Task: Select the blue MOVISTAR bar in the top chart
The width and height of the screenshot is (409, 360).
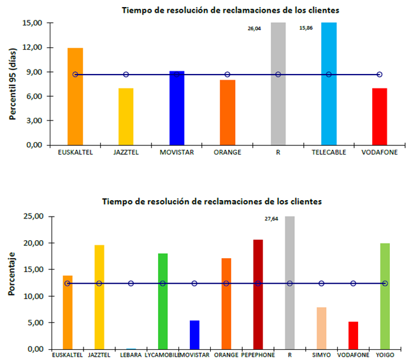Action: [x=176, y=108]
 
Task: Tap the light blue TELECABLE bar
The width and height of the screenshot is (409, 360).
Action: [x=329, y=83]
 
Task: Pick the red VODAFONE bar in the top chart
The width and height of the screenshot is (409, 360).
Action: [x=379, y=117]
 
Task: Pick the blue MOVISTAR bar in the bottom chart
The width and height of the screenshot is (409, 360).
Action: [x=194, y=335]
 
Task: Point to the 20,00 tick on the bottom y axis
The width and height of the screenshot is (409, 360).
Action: [x=32, y=243]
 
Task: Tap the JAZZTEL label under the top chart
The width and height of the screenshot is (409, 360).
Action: [x=126, y=154]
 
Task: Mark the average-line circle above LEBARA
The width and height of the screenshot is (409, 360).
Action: [x=131, y=284]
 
